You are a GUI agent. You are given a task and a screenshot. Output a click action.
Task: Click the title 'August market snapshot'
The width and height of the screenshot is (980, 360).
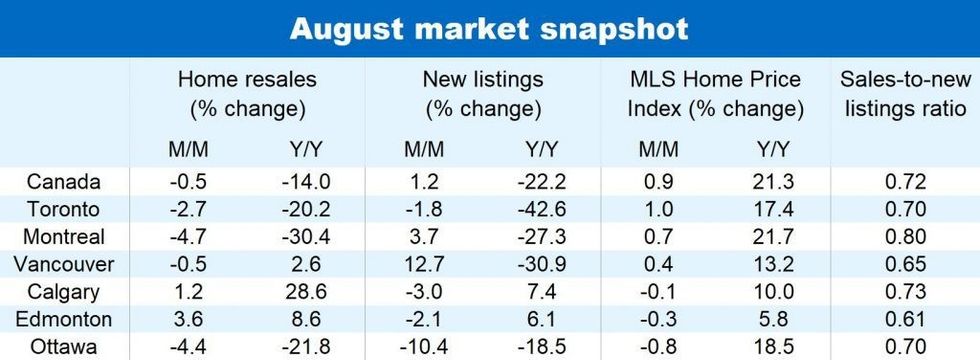coord(489,28)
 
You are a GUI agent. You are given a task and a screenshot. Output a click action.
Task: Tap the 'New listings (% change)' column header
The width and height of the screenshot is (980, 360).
coord(483,93)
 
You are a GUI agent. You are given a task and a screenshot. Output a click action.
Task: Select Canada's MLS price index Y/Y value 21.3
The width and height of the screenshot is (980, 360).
coord(769,183)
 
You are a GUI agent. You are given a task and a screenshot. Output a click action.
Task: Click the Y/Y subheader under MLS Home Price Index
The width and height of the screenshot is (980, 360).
coord(769,149)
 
